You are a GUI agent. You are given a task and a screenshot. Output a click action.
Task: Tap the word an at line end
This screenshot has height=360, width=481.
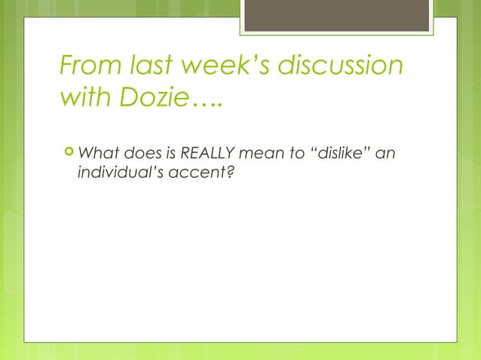pos(385,155)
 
